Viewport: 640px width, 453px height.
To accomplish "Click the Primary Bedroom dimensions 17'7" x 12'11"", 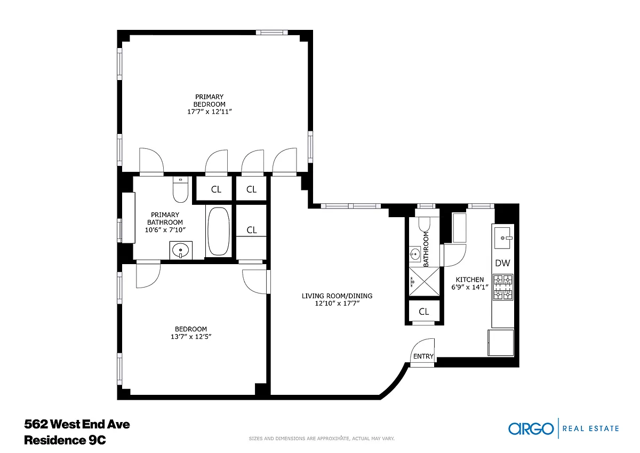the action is [210, 112].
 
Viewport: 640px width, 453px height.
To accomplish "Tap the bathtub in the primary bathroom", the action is [219, 231].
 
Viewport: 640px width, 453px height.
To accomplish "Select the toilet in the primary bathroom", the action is [181, 189].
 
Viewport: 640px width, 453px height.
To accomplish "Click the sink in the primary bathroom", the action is [181, 251].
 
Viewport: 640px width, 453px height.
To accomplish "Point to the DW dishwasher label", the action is [502, 263].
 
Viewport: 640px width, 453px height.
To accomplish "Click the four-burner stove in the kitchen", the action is [503, 287].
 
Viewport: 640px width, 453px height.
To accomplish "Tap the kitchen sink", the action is [503, 238].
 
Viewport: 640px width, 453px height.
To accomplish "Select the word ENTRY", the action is [423, 356].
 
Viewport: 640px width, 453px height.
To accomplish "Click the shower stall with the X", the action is [425, 282].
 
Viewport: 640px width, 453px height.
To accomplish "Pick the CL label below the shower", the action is [423, 312].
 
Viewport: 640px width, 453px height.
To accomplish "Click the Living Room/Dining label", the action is [337, 296].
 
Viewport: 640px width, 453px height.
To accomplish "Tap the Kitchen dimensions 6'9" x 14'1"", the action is [470, 287].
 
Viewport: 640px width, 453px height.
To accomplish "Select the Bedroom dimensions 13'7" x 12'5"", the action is [191, 337].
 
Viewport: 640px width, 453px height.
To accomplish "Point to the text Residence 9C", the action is [65, 440].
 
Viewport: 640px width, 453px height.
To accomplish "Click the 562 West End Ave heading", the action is [77, 424].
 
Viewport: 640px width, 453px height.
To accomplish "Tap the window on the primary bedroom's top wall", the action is [271, 33].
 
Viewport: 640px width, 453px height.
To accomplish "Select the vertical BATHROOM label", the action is [426, 250].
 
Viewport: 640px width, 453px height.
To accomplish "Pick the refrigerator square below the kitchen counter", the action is [501, 343].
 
